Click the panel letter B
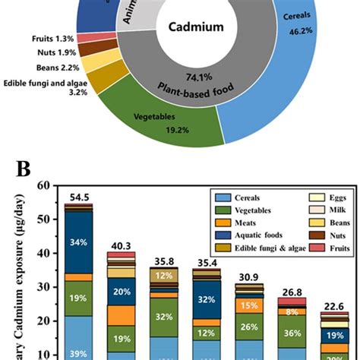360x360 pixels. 29,166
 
